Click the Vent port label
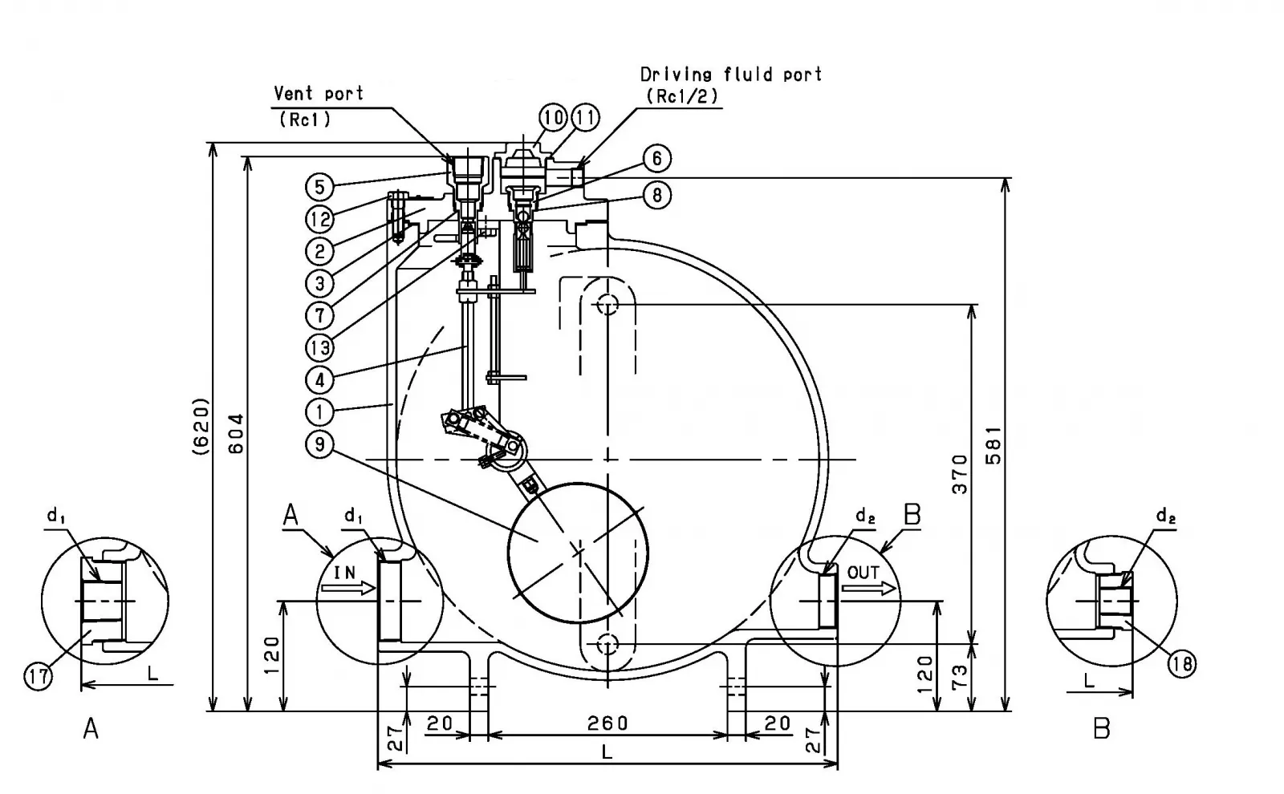point(319,93)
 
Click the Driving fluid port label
point(731,75)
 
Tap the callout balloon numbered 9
point(320,444)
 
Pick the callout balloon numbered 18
point(1181,663)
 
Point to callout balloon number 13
point(320,347)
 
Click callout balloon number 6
point(656,159)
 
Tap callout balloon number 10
point(554,118)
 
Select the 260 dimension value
point(607,723)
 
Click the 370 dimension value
point(960,473)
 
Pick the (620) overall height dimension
point(201,426)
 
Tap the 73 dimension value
point(960,678)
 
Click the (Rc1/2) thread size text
point(682,95)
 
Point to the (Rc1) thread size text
point(305,120)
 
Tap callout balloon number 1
point(320,411)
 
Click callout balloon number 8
point(656,195)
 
